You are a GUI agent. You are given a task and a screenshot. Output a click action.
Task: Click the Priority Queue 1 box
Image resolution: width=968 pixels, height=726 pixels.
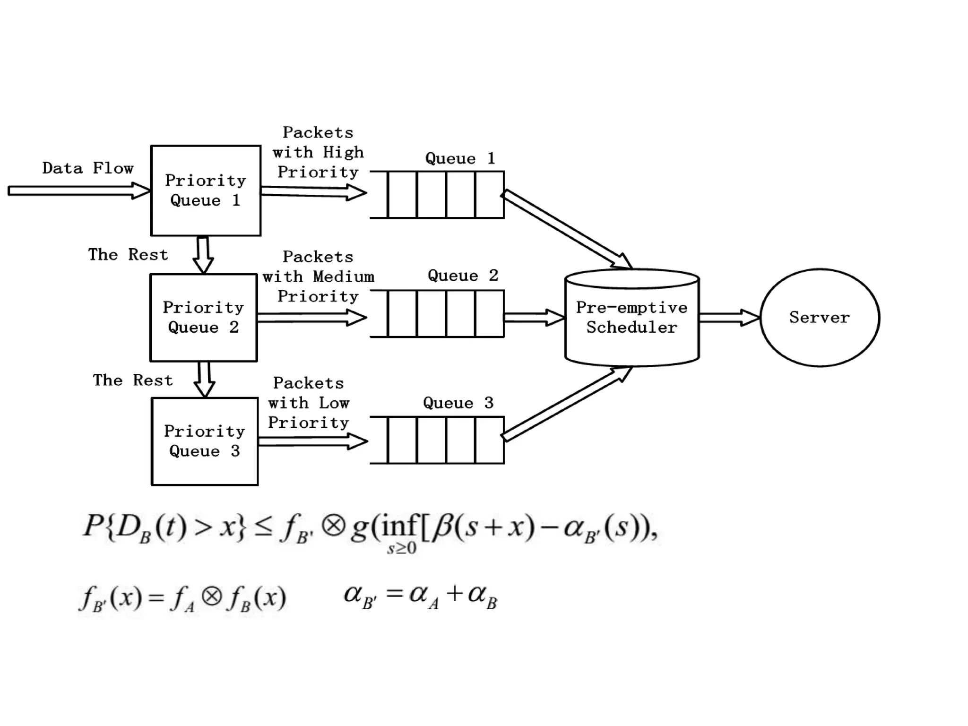[206, 190]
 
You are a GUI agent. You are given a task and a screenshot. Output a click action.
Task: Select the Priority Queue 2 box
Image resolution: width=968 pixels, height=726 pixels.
[204, 318]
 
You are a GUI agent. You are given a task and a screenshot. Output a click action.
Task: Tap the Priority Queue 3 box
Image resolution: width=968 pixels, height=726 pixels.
[205, 441]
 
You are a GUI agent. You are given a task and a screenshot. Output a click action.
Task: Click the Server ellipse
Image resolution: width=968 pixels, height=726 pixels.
[820, 317]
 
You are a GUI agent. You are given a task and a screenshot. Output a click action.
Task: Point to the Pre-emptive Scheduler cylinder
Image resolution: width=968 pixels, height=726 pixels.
[632, 318]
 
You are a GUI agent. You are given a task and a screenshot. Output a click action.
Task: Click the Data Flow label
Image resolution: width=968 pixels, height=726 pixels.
[88, 168]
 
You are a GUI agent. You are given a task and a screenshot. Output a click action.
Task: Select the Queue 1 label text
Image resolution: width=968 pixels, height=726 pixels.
[460, 158]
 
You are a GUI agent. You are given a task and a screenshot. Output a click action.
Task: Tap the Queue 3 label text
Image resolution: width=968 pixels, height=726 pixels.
[458, 403]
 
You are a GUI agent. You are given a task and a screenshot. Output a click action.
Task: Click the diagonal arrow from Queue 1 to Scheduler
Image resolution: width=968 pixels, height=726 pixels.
[567, 230]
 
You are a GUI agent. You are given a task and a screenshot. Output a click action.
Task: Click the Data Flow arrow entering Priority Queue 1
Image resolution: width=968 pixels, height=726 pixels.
[78, 191]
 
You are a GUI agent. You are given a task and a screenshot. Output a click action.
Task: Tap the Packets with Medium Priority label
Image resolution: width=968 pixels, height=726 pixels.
[318, 277]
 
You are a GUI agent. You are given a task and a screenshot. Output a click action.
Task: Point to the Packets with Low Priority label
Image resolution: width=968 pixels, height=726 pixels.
[309, 403]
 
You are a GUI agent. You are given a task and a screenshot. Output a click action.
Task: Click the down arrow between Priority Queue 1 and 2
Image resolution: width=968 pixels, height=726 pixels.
[203, 255]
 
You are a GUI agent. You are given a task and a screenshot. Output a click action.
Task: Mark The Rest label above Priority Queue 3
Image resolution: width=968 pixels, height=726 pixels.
[133, 380]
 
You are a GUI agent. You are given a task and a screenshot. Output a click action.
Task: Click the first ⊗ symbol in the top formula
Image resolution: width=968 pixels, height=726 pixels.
[334, 526]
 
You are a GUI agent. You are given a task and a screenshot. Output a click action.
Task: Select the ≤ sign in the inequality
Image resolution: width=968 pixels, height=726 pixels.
[263, 527]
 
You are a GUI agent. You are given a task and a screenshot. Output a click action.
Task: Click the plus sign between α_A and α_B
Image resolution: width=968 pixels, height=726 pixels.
[454, 594]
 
